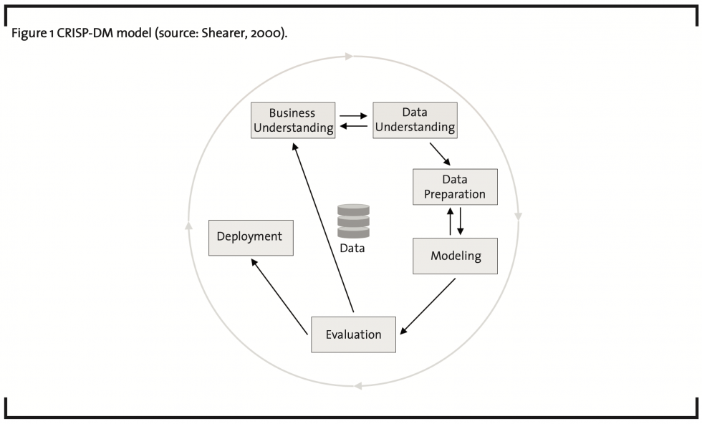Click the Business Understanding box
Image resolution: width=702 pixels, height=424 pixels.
pyautogui.click(x=293, y=120)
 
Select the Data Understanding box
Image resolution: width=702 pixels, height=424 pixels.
pyautogui.click(x=415, y=120)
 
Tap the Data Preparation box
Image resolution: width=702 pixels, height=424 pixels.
pyautogui.click(x=455, y=187)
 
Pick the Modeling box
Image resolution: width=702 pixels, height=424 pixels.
pyautogui.click(x=455, y=256)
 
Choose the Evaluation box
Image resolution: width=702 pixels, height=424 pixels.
pyautogui.click(x=353, y=334)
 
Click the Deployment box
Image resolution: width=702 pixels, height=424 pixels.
pyautogui.click(x=250, y=237)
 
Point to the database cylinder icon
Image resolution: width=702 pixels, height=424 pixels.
pyautogui.click(x=353, y=221)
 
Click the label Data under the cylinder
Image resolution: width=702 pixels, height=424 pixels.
pyautogui.click(x=352, y=249)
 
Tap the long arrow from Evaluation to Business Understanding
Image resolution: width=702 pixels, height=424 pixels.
pyautogui.click(x=322, y=226)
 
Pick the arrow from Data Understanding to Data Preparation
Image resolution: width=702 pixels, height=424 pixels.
pyautogui.click(x=441, y=154)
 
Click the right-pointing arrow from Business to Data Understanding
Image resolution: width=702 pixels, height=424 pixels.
pyautogui.click(x=354, y=115)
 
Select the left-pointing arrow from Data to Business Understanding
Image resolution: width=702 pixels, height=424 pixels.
pyautogui.click(x=354, y=127)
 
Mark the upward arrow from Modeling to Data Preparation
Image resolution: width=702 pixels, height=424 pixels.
pyautogui.click(x=450, y=221)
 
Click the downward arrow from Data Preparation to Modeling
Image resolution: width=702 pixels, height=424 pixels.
pyautogui.click(x=461, y=221)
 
